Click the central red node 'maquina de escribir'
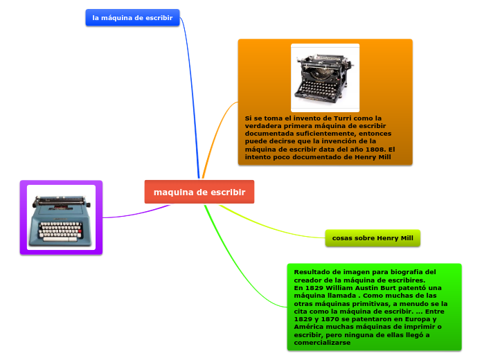pos(199,192)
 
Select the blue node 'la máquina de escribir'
pos(132,18)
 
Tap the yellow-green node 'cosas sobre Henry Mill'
pos(373,238)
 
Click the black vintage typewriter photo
pos(325,78)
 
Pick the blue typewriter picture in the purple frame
pos(61,217)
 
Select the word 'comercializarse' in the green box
pos(322,343)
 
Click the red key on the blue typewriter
pos(80,231)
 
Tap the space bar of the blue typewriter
pos(60,239)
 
